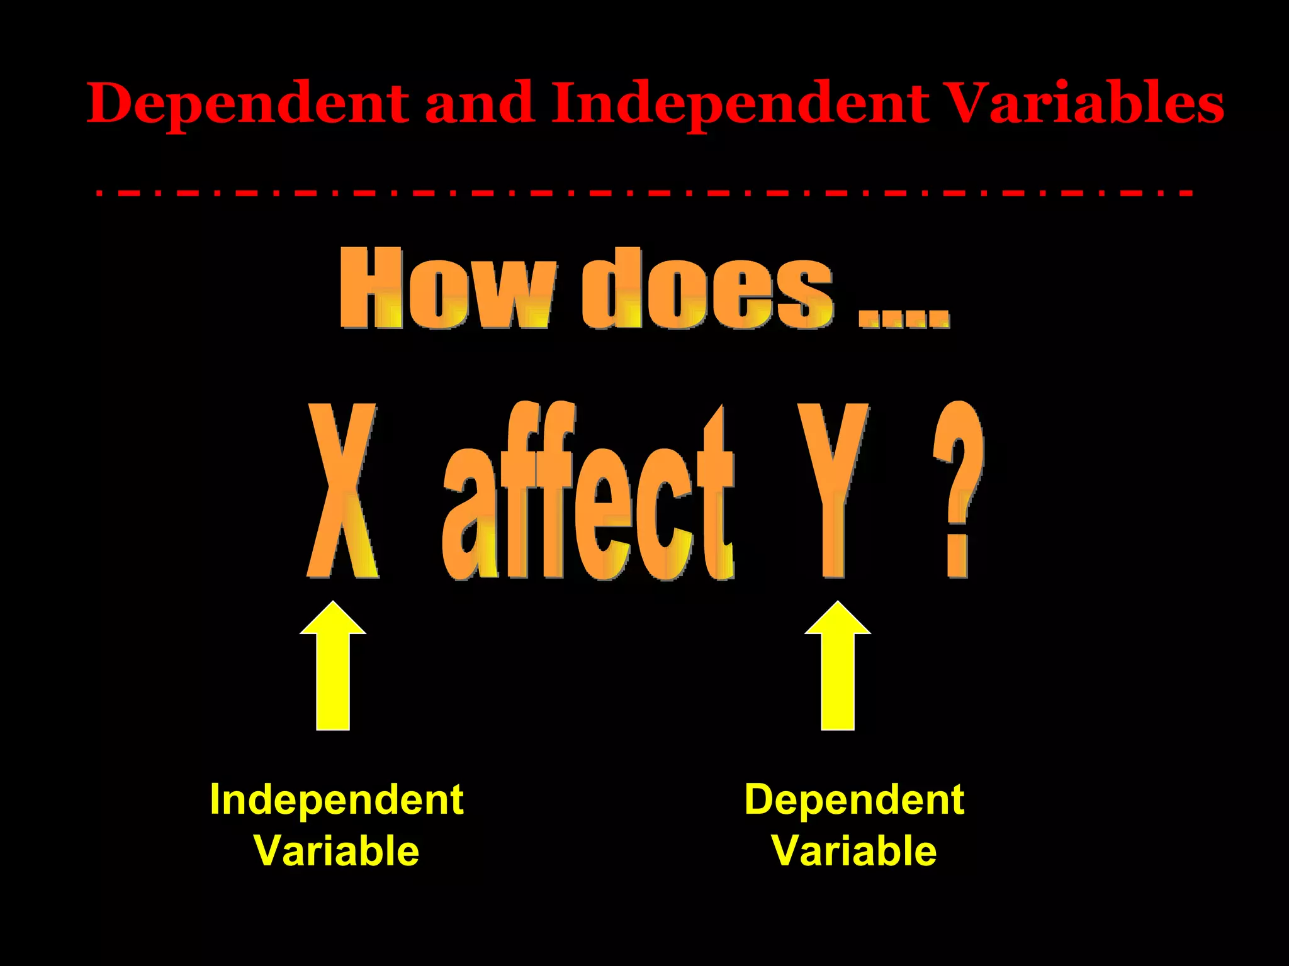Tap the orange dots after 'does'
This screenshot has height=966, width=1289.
[904, 318]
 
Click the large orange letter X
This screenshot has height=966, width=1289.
[343, 491]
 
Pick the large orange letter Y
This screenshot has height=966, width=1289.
[833, 491]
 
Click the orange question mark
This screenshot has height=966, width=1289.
[958, 491]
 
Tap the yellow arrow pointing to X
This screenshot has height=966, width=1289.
[333, 667]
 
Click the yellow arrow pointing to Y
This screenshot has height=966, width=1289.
[838, 667]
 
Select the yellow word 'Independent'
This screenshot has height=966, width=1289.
[337, 800]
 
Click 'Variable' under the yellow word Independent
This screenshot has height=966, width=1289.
[337, 851]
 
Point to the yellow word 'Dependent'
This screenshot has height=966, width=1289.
[854, 800]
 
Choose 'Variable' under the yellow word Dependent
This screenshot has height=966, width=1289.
[854, 851]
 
